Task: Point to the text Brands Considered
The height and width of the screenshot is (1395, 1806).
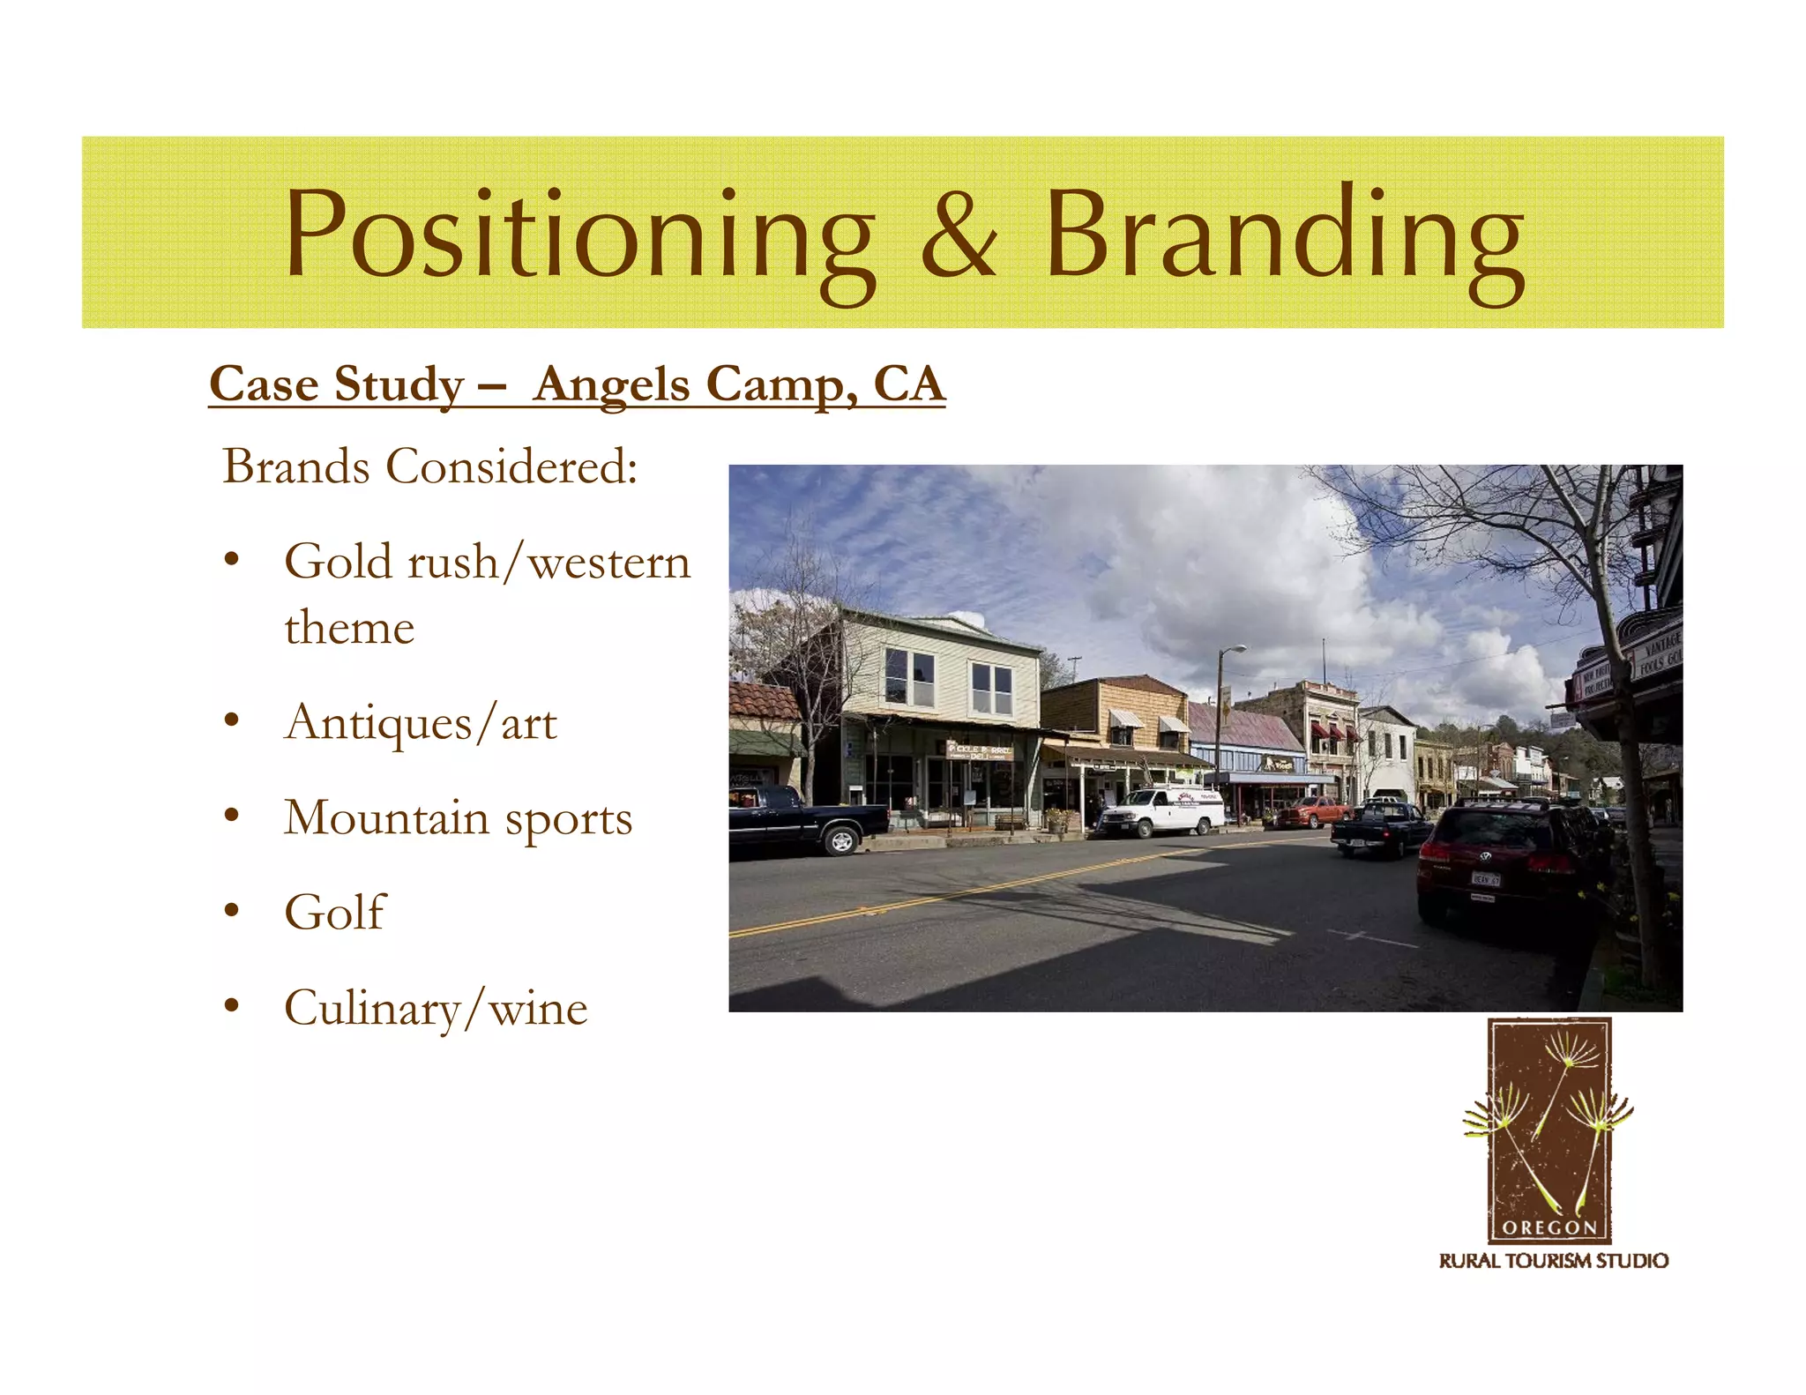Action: [x=429, y=466]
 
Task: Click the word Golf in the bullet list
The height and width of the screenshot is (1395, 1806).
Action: [x=334, y=912]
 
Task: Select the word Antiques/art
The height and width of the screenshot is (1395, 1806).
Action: [x=421, y=723]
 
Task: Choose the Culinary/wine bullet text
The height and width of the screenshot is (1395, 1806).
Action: [x=436, y=1007]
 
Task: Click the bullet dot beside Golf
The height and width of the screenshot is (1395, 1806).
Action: [x=231, y=911]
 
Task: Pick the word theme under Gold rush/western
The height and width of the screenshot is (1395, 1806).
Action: [x=349, y=628]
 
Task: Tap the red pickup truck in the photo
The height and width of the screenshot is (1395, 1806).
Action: [x=1311, y=810]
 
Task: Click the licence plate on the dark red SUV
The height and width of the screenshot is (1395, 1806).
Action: [x=1485, y=879]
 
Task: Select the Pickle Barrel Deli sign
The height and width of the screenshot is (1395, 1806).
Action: [x=979, y=750]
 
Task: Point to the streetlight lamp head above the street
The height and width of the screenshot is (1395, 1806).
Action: [x=1237, y=650]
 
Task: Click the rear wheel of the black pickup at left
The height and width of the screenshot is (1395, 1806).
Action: [x=841, y=840]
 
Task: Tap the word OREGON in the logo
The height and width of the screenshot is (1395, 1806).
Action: [x=1549, y=1227]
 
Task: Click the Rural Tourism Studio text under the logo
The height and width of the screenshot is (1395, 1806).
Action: [x=1553, y=1261]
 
